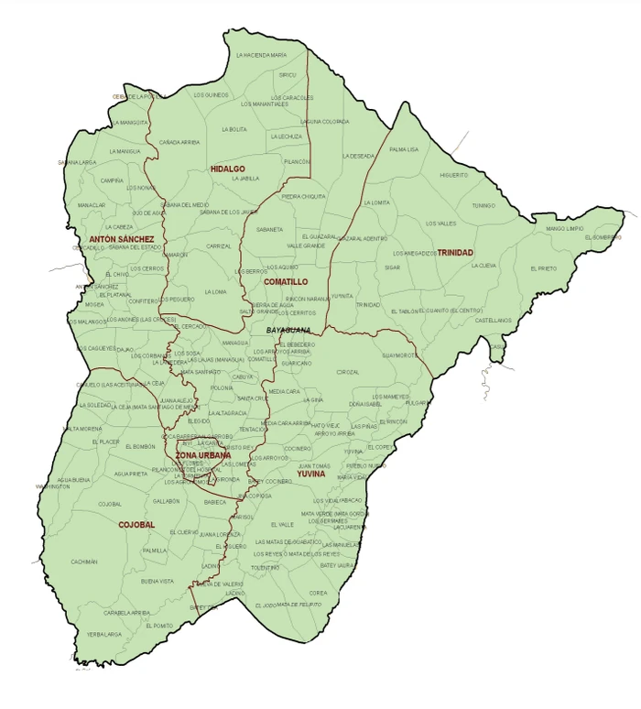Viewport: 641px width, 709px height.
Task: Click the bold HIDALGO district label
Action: tap(227, 169)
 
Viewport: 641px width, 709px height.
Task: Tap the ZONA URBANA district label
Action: tap(202, 455)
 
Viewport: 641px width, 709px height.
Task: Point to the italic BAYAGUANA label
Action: tap(288, 330)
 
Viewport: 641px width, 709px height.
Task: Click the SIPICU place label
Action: tap(288, 75)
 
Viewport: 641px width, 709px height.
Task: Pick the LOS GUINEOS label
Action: tap(211, 95)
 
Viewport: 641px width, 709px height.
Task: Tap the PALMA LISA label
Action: tap(404, 149)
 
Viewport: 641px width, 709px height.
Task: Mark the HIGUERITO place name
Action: tap(453, 175)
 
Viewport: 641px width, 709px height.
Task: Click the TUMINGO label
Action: tap(483, 205)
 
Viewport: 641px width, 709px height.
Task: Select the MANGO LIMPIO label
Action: tap(564, 229)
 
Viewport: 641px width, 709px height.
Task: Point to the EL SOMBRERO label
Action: tap(601, 237)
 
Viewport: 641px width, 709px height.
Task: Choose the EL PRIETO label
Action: tap(543, 268)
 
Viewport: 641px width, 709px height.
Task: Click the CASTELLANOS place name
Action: tap(493, 321)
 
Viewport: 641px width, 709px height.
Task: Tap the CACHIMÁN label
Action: tap(84, 562)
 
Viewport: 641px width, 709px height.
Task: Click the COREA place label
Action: tap(318, 593)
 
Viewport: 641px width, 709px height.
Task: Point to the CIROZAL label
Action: tap(348, 372)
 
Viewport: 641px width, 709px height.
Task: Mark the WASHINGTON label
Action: tap(53, 486)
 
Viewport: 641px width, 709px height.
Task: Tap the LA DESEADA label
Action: tap(357, 156)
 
